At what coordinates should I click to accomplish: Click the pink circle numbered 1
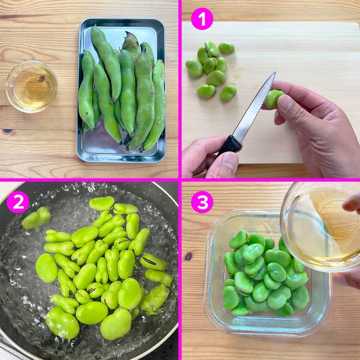tap(202, 19)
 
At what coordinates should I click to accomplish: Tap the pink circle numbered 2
tap(18, 202)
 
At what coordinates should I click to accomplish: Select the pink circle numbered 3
tap(202, 202)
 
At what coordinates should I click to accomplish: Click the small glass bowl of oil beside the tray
tap(31, 86)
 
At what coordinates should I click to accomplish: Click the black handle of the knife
tap(230, 145)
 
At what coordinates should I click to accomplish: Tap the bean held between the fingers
tap(273, 98)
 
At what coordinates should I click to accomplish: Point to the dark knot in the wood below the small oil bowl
tap(7, 131)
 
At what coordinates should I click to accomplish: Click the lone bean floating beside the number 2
tap(36, 218)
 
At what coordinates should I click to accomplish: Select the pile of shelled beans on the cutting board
tap(210, 69)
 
